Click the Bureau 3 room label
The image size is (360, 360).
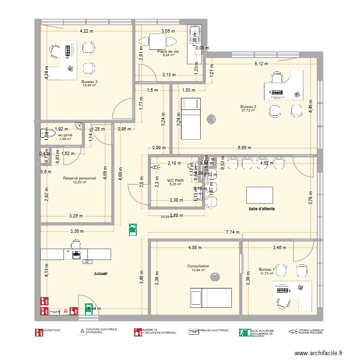click(89, 82)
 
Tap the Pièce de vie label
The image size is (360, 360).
click(168, 51)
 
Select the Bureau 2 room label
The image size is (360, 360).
click(248, 106)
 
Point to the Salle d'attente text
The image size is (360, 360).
click(262, 209)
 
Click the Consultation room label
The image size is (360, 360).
click(198, 266)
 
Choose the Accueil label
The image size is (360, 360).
click(101, 273)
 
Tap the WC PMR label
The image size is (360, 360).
click(174, 180)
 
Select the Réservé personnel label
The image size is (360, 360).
click(80, 178)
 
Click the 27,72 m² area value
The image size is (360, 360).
click(248, 110)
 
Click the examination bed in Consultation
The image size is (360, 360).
click(211, 297)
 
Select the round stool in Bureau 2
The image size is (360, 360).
click(211, 119)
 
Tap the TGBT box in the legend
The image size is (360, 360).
click(193, 331)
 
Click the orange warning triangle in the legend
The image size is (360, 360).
click(82, 331)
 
